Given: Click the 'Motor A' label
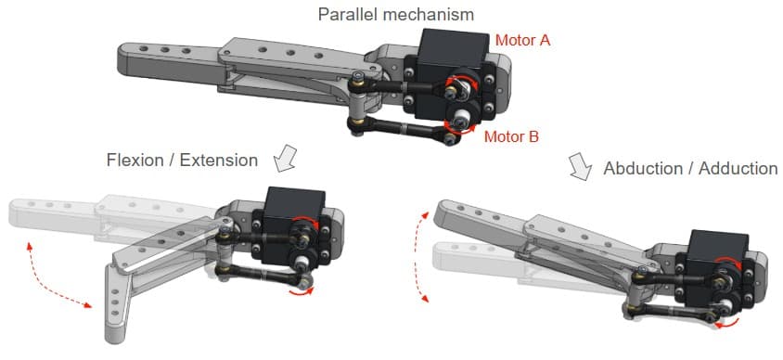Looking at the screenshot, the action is (522, 40).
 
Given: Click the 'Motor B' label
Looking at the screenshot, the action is (512, 136).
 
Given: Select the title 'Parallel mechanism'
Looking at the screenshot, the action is (396, 14).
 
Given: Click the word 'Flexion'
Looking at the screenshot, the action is (135, 161).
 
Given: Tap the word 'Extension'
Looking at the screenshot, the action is (219, 161).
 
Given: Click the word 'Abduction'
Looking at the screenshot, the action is (642, 168).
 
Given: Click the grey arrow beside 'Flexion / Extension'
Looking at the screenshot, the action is (285, 159).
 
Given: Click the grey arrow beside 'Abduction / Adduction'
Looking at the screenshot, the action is (580, 167).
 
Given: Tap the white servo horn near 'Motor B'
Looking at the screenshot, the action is (459, 120).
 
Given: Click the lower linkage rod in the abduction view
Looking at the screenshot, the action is (673, 311).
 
